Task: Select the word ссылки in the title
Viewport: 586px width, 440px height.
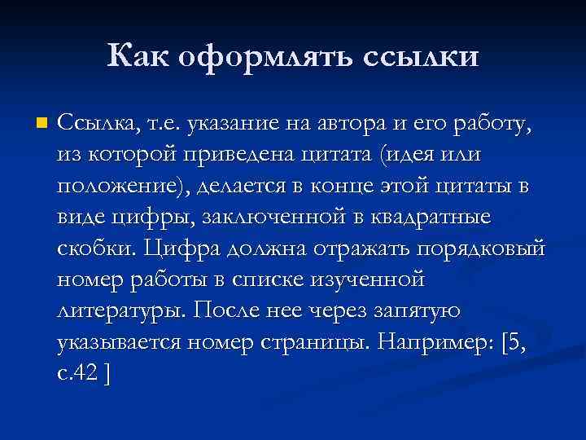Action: (x=420, y=59)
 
